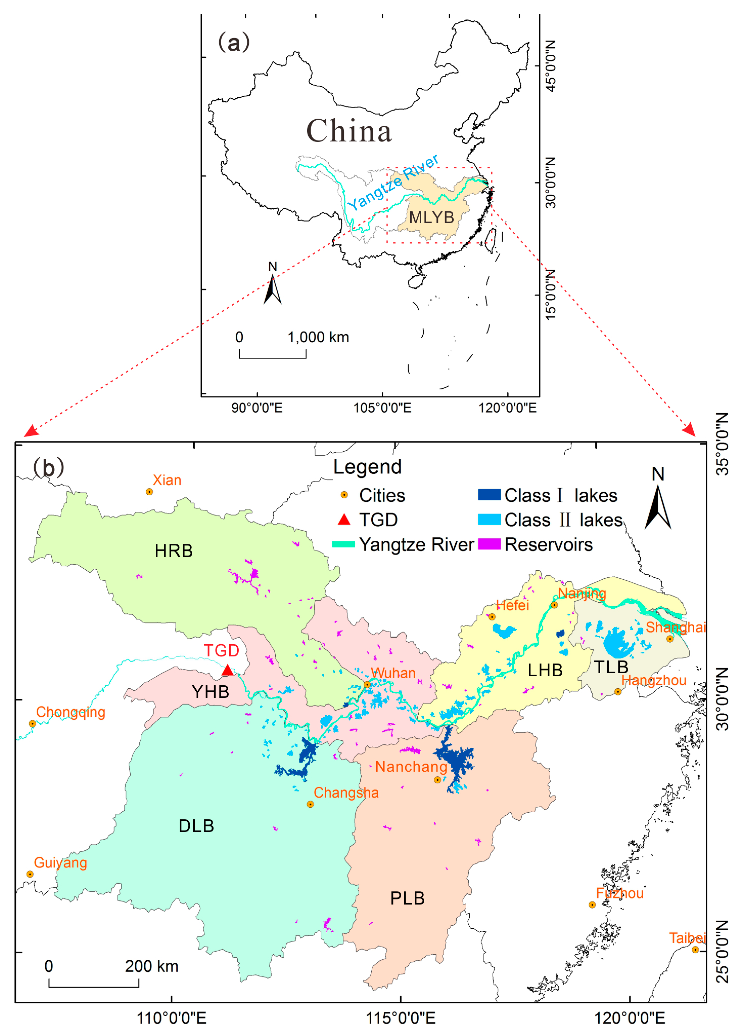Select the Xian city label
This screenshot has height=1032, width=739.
(167, 480)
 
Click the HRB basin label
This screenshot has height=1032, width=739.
(174, 551)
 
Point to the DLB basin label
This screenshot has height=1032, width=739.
(196, 826)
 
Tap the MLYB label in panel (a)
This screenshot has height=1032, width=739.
(431, 217)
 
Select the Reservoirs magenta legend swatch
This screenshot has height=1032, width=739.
(489, 544)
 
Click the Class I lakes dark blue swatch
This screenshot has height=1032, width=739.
(489, 495)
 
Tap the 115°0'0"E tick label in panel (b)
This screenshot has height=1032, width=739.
(401, 1017)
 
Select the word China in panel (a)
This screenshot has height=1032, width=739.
(349, 131)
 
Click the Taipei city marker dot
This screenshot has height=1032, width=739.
(695, 950)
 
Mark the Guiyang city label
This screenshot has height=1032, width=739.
(60, 863)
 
